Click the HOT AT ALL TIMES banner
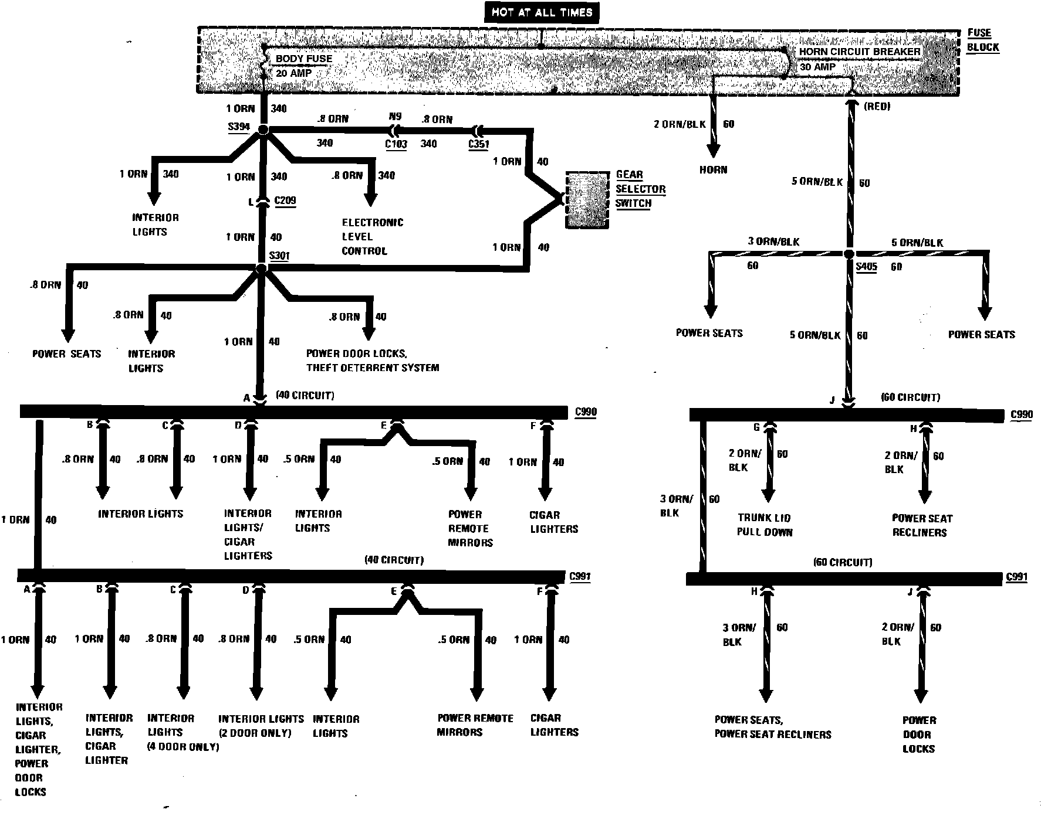tap(542, 13)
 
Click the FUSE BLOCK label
tap(982, 40)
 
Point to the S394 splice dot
tap(263, 130)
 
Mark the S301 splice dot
tap(262, 268)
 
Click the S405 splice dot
tap(849, 254)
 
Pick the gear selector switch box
tap(586, 200)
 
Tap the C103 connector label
tap(396, 144)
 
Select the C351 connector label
tap(479, 144)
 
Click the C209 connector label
tap(285, 201)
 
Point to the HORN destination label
tap(713, 170)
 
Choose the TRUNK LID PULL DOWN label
tap(765, 525)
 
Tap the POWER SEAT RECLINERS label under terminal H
tap(921, 526)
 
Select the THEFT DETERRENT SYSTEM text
tap(373, 368)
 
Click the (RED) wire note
tap(877, 107)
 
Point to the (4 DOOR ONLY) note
tap(183, 747)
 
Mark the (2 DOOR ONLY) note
tap(255, 733)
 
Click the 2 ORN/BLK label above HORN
tap(680, 124)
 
